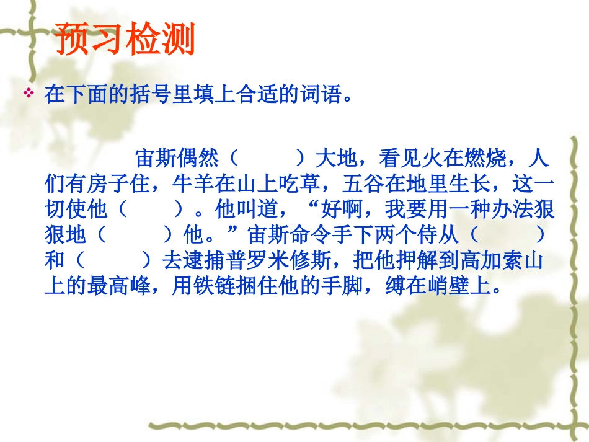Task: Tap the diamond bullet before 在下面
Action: click(28, 94)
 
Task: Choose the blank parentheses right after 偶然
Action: click(267, 159)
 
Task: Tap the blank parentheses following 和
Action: click(112, 261)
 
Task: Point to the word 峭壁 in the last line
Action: click(456, 286)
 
